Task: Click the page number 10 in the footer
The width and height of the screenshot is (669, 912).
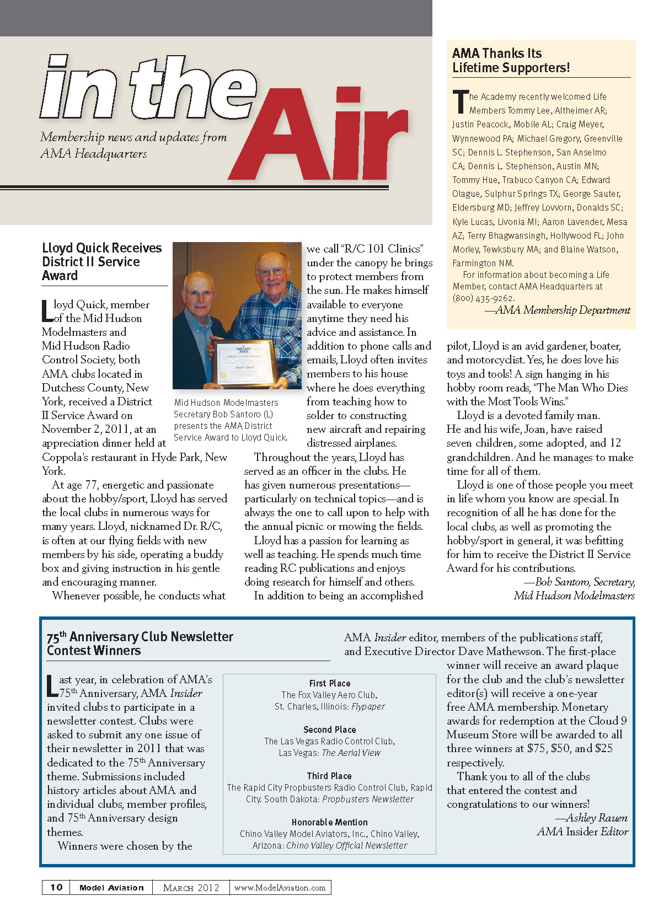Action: click(56, 887)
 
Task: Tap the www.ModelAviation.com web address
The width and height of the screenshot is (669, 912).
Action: click(280, 888)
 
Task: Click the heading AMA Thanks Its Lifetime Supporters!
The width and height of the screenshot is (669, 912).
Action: click(511, 61)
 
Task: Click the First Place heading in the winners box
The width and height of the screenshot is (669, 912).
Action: click(330, 683)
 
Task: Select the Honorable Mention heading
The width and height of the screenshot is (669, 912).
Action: click(330, 822)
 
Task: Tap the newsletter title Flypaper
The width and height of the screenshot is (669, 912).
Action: click(368, 706)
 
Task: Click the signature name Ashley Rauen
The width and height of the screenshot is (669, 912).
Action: click(597, 818)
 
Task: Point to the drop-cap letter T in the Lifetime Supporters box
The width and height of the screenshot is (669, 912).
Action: click(460, 102)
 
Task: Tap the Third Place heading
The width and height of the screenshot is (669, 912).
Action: click(329, 776)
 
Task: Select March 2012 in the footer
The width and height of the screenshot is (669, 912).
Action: click(191, 888)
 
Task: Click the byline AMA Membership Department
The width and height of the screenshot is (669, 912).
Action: click(563, 310)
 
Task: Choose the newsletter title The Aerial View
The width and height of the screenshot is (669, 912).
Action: click(351, 753)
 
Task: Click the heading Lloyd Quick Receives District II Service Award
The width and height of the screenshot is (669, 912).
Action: click(101, 262)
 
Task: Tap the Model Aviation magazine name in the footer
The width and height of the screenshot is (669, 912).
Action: click(111, 888)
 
